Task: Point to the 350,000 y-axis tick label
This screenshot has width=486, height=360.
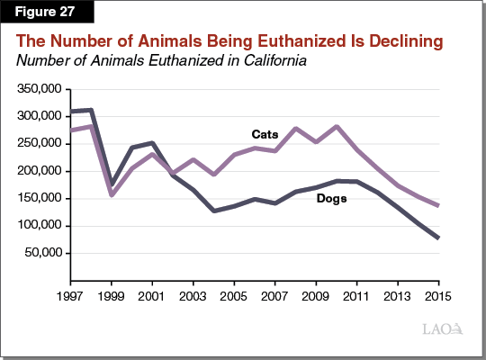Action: point(40,89)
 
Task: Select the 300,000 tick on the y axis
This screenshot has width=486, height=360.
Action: point(40,116)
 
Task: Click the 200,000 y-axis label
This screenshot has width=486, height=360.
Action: point(40,171)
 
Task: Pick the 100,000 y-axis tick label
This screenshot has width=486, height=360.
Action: point(40,226)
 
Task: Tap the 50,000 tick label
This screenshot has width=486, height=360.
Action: point(43,253)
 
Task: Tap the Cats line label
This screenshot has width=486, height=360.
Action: point(265,133)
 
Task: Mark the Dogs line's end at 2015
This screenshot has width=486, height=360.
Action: point(438,238)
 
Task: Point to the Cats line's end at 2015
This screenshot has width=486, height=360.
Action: point(438,205)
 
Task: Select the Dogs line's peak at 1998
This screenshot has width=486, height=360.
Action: point(91,110)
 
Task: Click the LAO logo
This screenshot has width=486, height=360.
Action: point(441,329)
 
